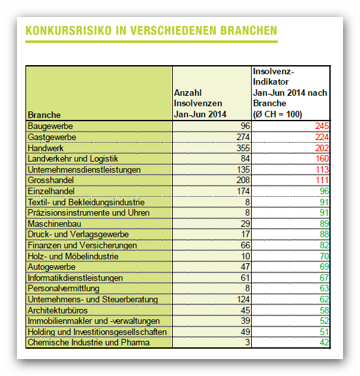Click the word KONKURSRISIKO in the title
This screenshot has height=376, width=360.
(x=68, y=31)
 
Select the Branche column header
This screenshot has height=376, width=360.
(x=44, y=115)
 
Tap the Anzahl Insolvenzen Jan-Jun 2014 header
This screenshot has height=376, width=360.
(x=200, y=104)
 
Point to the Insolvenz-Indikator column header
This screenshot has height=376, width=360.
(x=290, y=93)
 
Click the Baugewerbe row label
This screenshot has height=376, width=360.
(x=50, y=126)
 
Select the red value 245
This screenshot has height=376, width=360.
(x=322, y=126)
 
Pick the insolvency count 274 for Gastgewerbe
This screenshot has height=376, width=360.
(x=243, y=137)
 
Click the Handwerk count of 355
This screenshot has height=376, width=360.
(x=243, y=148)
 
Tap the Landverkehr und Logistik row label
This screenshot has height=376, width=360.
(x=73, y=158)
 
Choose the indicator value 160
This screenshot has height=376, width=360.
(x=322, y=158)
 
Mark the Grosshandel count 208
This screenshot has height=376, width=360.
(x=243, y=180)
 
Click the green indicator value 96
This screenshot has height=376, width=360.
(x=324, y=191)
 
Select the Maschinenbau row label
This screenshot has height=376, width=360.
(x=54, y=224)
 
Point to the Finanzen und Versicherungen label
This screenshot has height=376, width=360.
(x=82, y=245)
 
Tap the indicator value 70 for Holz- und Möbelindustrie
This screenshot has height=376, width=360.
(x=324, y=256)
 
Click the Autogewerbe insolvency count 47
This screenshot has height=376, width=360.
(x=245, y=267)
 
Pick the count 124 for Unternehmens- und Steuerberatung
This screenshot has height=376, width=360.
(x=243, y=299)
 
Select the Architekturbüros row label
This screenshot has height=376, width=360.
(x=57, y=310)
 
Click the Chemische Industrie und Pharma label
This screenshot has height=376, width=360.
(x=89, y=342)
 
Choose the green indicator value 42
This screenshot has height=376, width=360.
(x=324, y=342)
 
